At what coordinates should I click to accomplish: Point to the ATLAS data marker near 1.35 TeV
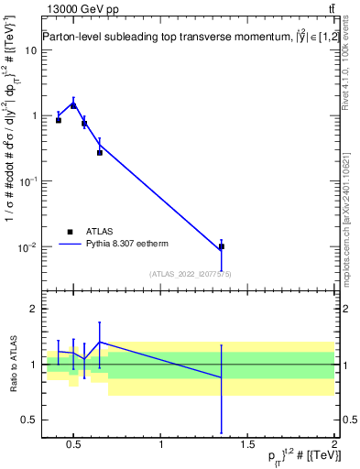coord(221,247)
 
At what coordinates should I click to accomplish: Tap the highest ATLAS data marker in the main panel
coord(73,105)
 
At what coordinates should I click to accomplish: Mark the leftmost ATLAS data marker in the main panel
coord(59,120)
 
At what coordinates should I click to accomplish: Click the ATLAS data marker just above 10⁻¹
coord(100,152)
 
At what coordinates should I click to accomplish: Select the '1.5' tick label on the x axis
coord(247,446)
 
